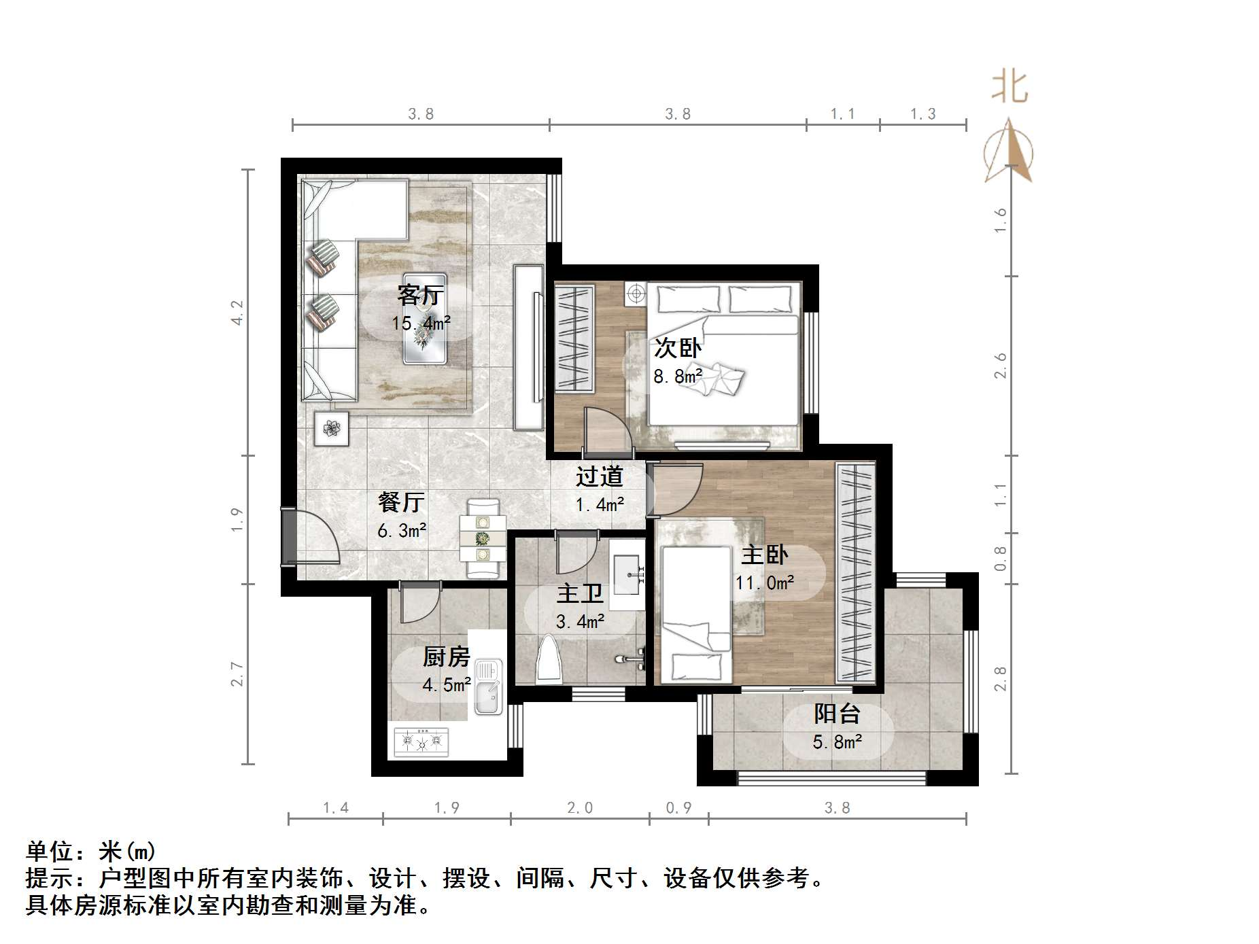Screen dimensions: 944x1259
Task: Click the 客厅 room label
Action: pyautogui.click(x=420, y=296)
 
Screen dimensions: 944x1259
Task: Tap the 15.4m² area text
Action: pyautogui.click(x=421, y=324)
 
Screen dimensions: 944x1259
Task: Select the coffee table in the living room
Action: pyautogui.click(x=425, y=319)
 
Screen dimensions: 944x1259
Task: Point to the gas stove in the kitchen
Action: pyautogui.click(x=421, y=742)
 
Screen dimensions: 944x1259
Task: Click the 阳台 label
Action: pyautogui.click(x=837, y=714)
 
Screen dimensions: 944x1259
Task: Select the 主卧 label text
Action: pyautogui.click(x=764, y=555)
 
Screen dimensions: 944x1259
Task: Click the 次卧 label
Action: pyautogui.click(x=677, y=348)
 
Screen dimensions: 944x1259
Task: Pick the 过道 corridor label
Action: pyautogui.click(x=600, y=476)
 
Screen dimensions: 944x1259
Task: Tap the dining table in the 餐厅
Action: pyautogui.click(x=483, y=539)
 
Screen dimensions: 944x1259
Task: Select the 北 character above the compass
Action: pyautogui.click(x=1010, y=88)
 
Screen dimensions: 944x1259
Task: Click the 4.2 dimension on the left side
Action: pyautogui.click(x=237, y=313)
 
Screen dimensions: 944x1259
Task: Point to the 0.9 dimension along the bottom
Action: pyautogui.click(x=678, y=807)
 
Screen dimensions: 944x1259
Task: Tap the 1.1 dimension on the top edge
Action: pyautogui.click(x=842, y=114)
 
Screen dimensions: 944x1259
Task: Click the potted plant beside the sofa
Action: pyautogui.click(x=332, y=428)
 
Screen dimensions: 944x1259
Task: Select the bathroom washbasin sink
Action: pyautogui.click(x=627, y=574)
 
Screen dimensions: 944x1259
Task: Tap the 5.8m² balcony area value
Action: pyautogui.click(x=837, y=741)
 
